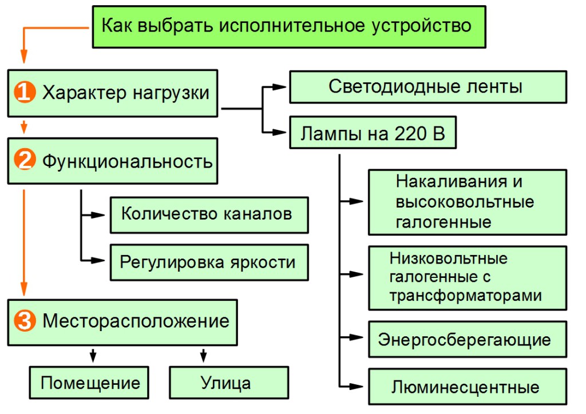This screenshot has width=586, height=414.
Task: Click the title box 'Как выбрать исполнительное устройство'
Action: click(289, 26)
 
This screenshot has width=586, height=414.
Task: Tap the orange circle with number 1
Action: click(24, 93)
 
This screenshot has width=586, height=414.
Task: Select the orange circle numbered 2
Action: click(24, 161)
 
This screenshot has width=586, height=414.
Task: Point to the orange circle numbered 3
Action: click(24, 321)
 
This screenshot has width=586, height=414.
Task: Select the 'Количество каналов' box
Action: click(209, 214)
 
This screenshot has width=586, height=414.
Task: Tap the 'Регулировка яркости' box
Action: click(209, 262)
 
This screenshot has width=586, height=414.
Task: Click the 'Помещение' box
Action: click(90, 382)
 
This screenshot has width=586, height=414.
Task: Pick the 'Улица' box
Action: click(228, 382)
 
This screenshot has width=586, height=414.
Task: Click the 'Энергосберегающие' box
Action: click(467, 340)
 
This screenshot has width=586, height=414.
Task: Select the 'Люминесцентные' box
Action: click(467, 387)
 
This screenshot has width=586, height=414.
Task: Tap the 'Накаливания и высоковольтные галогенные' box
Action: click(467, 202)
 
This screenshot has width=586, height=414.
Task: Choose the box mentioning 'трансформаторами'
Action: click(467, 278)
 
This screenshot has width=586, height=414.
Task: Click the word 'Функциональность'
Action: click(127, 161)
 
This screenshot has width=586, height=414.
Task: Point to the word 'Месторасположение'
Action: click(136, 321)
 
